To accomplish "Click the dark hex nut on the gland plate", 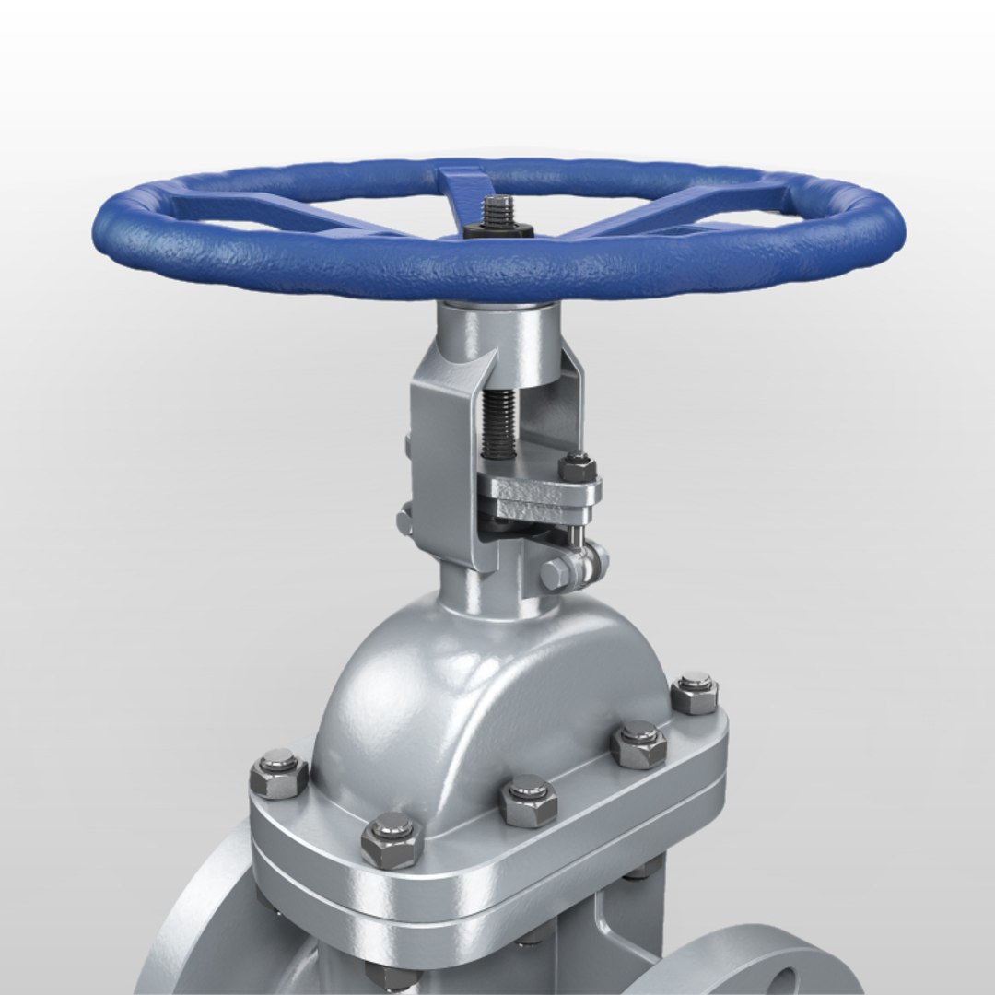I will (x=577, y=467).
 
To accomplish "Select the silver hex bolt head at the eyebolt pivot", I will (x=556, y=574).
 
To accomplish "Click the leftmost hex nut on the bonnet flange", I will (x=278, y=774).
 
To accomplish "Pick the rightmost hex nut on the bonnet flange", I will (x=695, y=693).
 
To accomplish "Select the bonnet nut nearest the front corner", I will (x=392, y=838).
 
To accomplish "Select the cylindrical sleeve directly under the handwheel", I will (x=497, y=345).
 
